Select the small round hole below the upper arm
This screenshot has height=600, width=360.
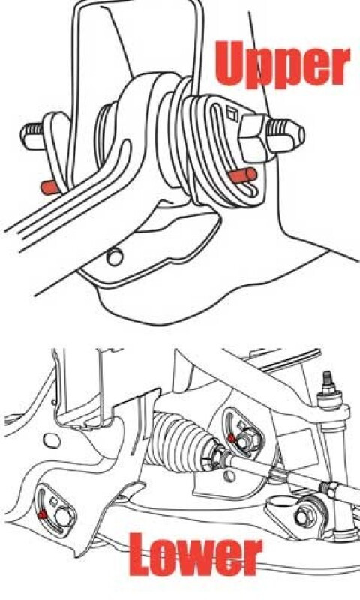(x=115, y=256)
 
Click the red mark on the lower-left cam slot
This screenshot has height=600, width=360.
(x=43, y=514)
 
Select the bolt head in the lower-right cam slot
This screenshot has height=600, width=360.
(x=245, y=443)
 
